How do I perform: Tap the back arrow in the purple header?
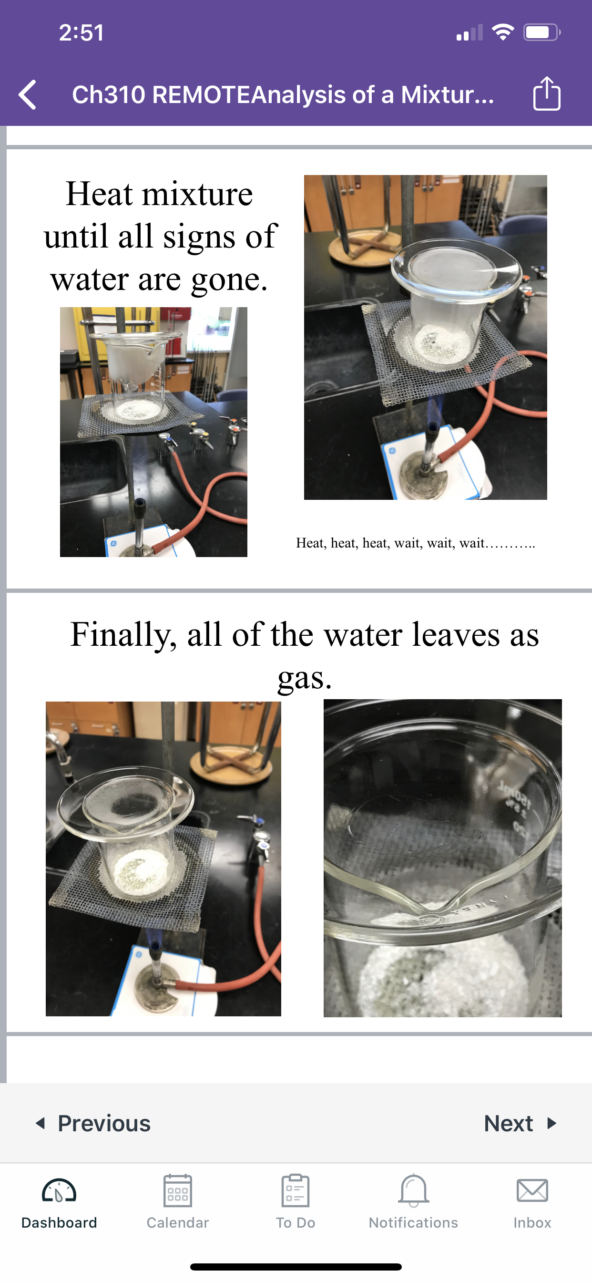pos(27,94)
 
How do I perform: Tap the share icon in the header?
pos(547,93)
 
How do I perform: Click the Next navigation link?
pos(520,1123)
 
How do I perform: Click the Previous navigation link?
pos(93,1123)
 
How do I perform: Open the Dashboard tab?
pos(59,1202)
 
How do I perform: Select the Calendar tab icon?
pos(178,1191)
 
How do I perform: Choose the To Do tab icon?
pos(296,1191)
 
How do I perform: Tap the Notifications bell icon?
pos(413,1191)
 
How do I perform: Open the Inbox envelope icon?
pos(532,1190)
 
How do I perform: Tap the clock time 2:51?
pos(82,33)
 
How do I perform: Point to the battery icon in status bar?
pos(542,33)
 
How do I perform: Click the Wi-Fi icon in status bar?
pos(503,32)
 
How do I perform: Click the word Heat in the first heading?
pos(100,194)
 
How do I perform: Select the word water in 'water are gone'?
pos(90,279)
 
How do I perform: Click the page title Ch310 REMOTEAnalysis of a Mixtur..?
pos(283,94)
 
